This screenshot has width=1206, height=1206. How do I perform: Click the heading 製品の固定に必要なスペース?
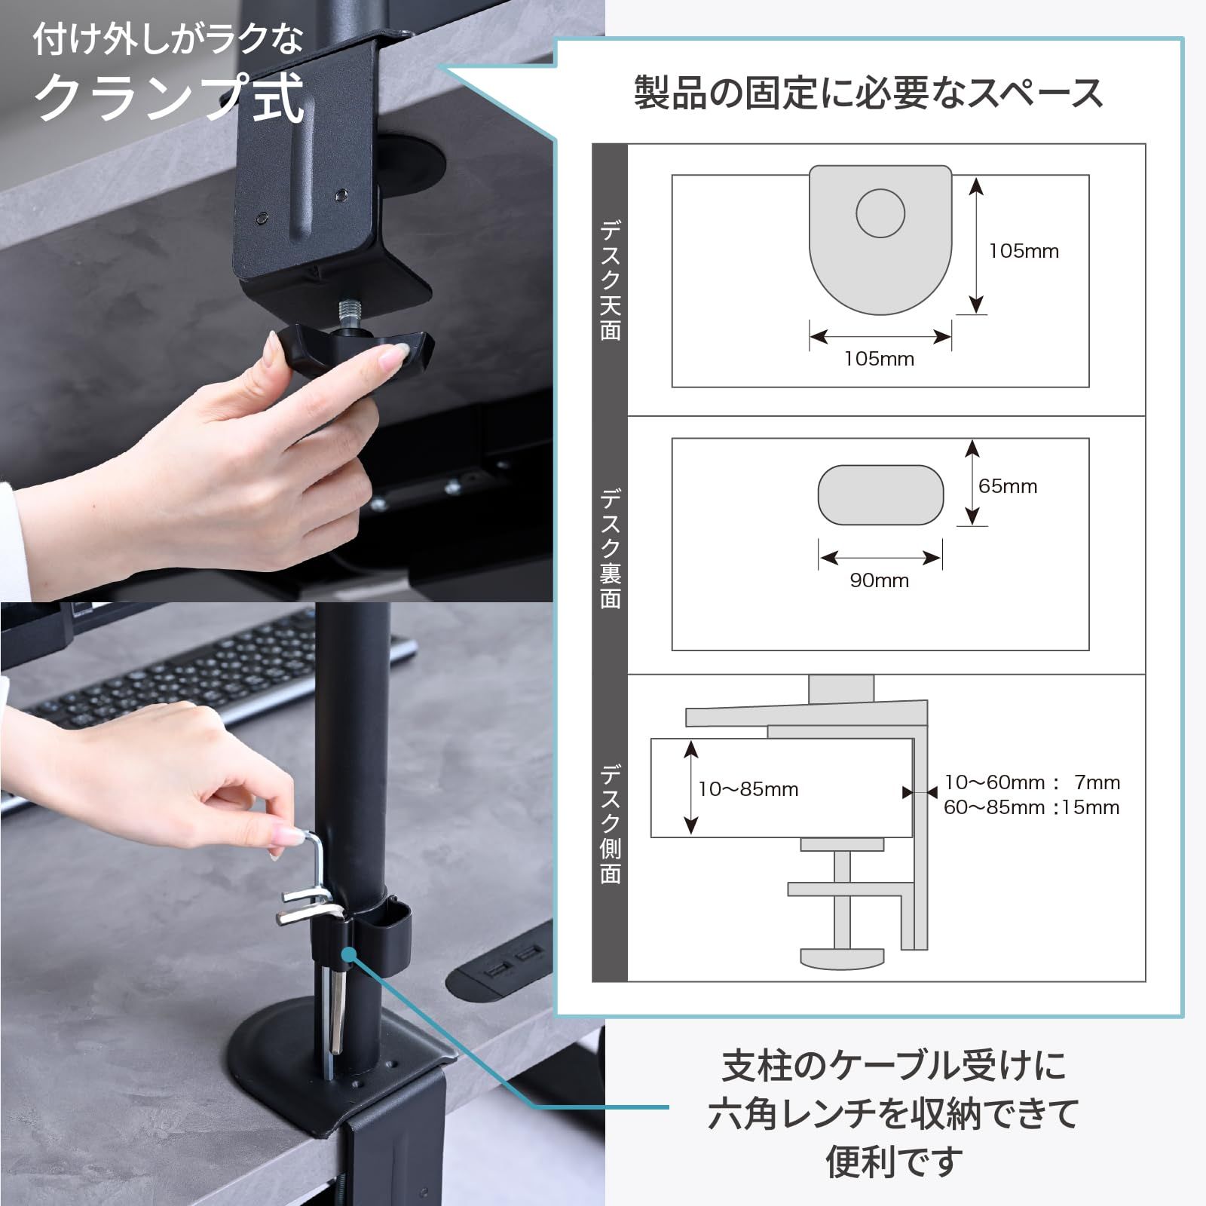tap(868, 93)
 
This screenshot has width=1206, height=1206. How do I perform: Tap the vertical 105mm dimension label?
tap(1024, 251)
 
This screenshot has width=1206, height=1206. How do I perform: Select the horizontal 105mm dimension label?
tap(879, 359)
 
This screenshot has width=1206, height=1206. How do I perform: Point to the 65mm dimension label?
tap(1008, 486)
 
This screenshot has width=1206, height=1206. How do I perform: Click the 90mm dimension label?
tap(879, 580)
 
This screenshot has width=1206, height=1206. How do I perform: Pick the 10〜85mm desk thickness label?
tap(748, 789)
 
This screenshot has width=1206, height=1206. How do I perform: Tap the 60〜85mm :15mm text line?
tap(1031, 807)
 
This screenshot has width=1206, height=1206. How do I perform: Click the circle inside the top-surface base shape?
tap(880, 213)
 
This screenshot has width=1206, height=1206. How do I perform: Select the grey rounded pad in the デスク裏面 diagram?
tap(880, 495)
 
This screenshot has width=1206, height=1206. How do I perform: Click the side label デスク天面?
tap(611, 280)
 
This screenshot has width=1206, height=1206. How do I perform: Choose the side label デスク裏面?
tap(611, 548)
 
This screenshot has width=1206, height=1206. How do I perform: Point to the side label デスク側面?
tap(611, 824)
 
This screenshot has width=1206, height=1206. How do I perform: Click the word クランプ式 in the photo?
tap(170, 98)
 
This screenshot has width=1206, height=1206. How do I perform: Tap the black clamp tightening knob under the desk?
tap(354, 351)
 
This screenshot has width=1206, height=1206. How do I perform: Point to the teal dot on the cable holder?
tap(348, 955)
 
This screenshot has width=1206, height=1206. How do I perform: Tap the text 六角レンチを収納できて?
tap(892, 1113)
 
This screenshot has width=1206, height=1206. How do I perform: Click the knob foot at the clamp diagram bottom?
tap(841, 958)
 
